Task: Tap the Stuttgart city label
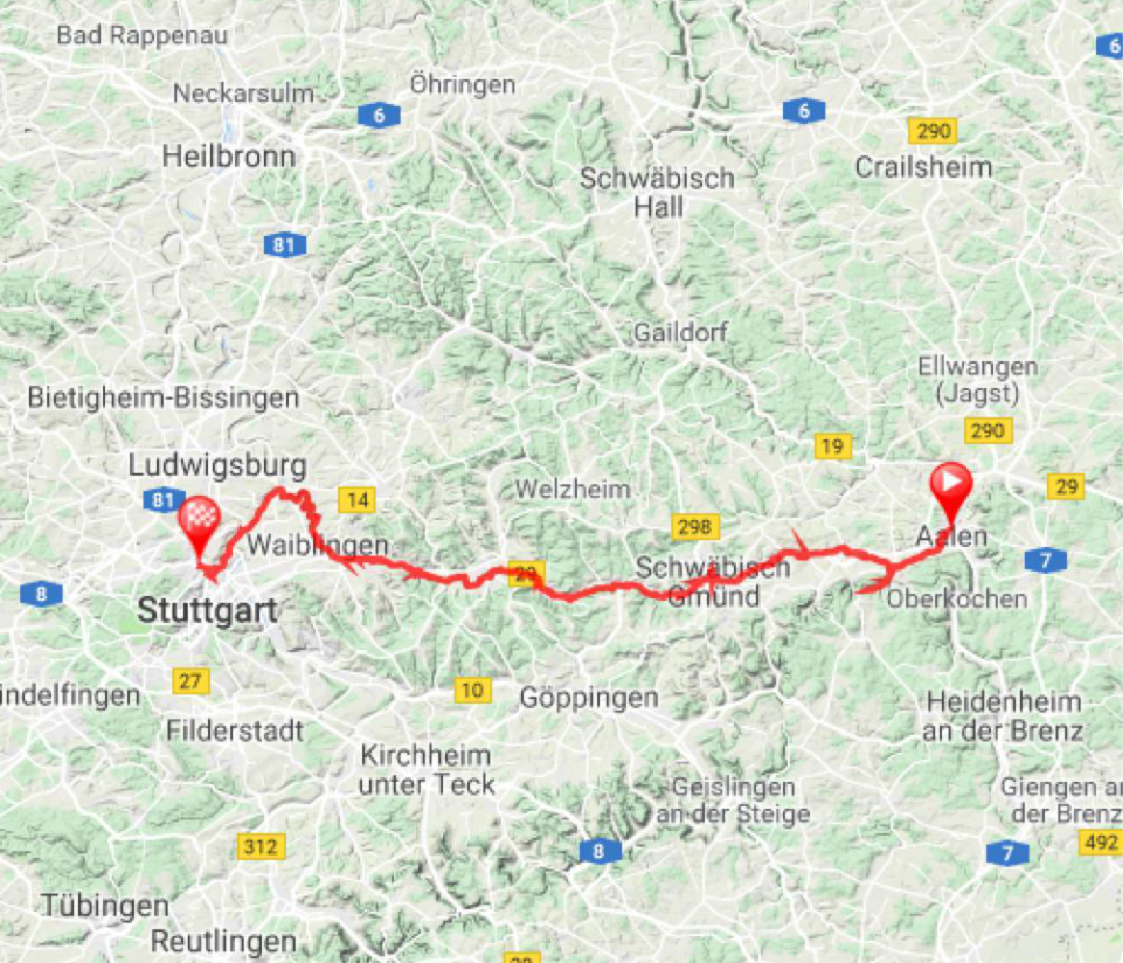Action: (207, 610)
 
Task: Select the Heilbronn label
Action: (228, 156)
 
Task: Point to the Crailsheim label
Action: (924, 167)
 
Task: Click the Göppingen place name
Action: (588, 697)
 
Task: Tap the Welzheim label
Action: (572, 489)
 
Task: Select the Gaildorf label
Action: (681, 333)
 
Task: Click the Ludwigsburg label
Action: (218, 467)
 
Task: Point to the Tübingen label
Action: (106, 906)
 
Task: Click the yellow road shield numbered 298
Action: (694, 526)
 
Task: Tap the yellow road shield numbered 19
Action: (832, 446)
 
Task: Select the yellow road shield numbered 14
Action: (355, 499)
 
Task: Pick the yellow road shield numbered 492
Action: (1100, 844)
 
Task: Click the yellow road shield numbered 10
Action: (471, 690)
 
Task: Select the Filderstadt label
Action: (235, 730)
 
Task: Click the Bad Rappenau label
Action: (142, 36)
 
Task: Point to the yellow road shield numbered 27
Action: (191, 681)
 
